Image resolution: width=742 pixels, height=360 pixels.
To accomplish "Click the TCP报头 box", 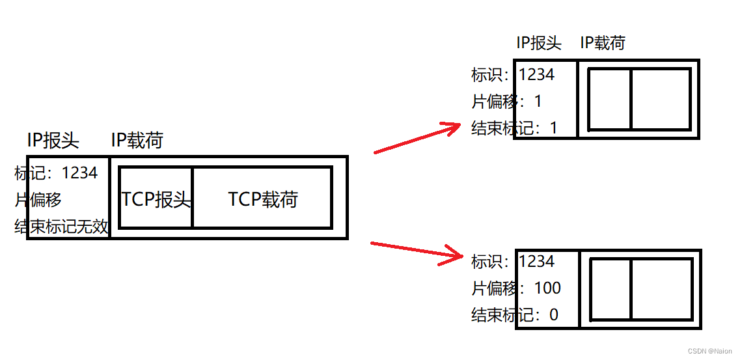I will click(156, 199).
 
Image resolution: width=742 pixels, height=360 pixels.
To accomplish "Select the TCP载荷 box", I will click(263, 199).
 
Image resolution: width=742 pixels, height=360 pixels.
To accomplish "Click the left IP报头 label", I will click(53, 140).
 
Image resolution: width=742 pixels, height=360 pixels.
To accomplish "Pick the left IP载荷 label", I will click(137, 140).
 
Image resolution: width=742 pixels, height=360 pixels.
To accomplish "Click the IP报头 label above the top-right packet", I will click(538, 43).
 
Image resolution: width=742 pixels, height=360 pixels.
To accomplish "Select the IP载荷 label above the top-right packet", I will click(603, 43).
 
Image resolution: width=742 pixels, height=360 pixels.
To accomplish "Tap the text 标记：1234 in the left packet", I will click(57, 173).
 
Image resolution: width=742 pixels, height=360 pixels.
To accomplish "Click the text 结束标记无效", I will click(62, 227).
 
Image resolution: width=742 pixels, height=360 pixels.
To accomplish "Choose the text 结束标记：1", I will click(515, 128).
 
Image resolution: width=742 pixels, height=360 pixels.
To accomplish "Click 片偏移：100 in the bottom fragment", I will click(516, 288).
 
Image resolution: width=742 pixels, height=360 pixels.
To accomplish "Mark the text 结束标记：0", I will click(515, 315).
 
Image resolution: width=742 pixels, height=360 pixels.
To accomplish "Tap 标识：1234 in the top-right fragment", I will click(514, 75).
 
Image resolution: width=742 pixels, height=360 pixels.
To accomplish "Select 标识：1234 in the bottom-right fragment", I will click(514, 262).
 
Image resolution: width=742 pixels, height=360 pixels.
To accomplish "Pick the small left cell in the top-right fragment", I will click(610, 99).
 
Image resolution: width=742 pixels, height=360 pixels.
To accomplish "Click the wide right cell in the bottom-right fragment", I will click(661, 289).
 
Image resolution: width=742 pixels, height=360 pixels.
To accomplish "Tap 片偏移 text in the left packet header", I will click(38, 200).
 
